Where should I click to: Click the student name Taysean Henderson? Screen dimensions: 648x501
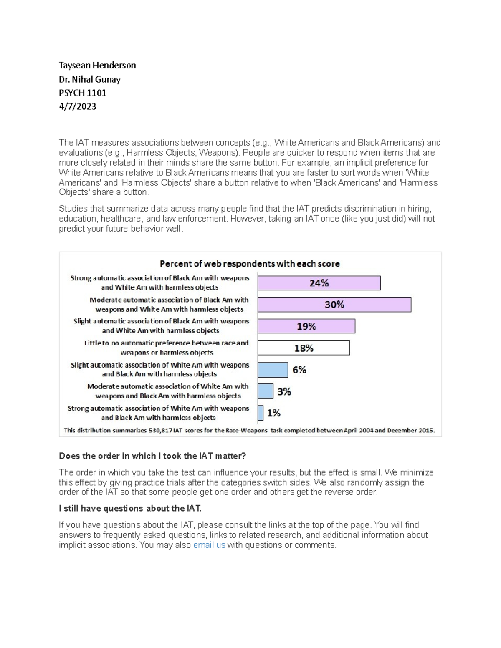[97, 66]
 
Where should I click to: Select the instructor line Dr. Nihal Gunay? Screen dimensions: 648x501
[89, 79]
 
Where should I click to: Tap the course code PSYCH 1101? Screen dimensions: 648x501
[82, 93]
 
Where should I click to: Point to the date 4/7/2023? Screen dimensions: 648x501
[77, 106]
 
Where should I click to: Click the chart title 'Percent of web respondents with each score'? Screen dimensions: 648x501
[250, 264]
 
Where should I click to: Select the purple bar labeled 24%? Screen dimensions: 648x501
[319, 283]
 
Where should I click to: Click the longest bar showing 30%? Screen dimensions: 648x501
[334, 305]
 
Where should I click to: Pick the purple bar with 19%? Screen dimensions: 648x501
[306, 326]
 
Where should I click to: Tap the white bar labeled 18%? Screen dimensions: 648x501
[304, 348]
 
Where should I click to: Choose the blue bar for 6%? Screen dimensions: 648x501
[273, 370]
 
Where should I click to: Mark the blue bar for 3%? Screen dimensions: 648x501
[266, 391]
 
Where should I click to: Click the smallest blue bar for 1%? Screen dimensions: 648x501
[261, 413]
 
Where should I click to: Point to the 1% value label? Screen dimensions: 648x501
[274, 413]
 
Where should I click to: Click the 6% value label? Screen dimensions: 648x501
[299, 370]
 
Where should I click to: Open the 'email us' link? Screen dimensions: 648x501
[209, 545]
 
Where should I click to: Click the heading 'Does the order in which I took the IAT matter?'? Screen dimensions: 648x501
[152, 456]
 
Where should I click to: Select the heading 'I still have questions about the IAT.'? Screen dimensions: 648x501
[130, 508]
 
